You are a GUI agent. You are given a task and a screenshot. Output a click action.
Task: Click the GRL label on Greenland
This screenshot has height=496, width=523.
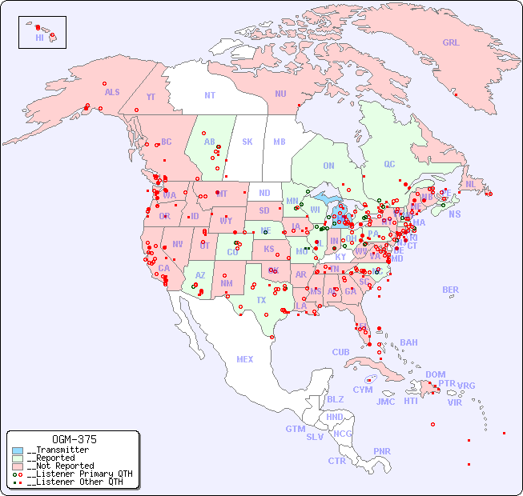[451, 43]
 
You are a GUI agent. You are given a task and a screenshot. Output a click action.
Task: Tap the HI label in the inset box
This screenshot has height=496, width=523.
[39, 38]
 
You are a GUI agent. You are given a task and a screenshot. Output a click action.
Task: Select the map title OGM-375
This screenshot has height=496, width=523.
[74, 440]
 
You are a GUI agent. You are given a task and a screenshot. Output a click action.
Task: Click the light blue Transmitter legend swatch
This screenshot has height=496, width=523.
[18, 450]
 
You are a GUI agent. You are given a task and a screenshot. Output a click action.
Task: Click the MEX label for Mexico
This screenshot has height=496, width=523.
[245, 360]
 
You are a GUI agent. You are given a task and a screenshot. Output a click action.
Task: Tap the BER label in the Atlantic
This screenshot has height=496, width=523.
[451, 290]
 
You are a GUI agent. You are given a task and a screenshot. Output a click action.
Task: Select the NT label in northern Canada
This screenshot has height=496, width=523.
[210, 95]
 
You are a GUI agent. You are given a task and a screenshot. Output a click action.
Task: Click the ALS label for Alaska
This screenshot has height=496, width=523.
[112, 93]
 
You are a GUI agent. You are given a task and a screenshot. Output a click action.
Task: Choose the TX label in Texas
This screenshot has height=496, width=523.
[261, 300]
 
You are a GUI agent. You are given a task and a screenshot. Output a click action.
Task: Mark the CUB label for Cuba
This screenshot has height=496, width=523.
[340, 353]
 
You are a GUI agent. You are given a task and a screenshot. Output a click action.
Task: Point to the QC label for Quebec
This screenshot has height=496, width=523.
[389, 164]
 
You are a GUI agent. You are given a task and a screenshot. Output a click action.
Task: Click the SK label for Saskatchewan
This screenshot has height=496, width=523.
[247, 142]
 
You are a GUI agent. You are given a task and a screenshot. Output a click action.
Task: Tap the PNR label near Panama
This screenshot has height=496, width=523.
[382, 451]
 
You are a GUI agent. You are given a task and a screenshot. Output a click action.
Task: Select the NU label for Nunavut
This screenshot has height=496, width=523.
[280, 94]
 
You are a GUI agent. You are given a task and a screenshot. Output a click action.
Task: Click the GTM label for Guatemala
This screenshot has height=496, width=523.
[295, 429]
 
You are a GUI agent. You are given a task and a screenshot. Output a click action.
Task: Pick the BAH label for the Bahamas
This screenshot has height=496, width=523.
[408, 342]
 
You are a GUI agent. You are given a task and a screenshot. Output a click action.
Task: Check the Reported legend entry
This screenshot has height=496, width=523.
[56, 458]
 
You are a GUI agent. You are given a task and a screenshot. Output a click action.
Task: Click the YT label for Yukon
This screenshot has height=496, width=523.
[151, 97]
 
